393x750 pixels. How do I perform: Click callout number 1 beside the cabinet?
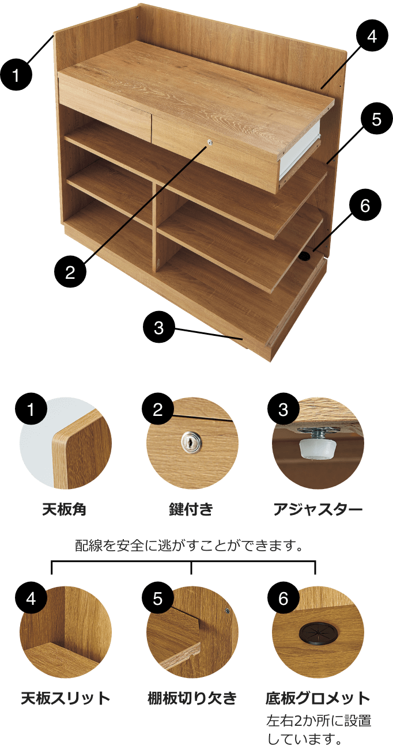(16, 75)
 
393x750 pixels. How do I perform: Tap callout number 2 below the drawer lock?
(70, 271)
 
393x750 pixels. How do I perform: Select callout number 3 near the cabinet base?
(159, 327)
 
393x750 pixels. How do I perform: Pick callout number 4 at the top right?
(372, 36)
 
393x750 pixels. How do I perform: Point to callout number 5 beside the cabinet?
(377, 119)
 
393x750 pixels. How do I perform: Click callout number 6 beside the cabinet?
(365, 205)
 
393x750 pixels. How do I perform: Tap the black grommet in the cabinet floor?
(305, 257)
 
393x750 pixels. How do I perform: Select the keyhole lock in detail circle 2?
(190, 442)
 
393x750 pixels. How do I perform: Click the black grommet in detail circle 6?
(318, 632)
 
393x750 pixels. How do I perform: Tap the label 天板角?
(65, 509)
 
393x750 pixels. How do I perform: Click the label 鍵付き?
(191, 509)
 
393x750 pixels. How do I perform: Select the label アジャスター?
(318, 510)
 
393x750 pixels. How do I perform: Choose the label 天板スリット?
(66, 698)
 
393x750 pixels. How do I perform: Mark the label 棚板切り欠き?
(192, 698)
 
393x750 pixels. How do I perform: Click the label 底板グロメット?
(318, 698)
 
